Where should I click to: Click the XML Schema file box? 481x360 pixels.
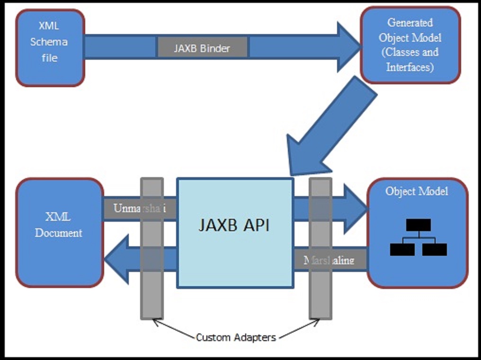point(50,47)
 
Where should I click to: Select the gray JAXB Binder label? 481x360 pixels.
point(202,48)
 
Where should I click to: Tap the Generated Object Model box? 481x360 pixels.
point(410,45)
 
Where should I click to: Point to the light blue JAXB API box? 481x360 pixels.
point(235,233)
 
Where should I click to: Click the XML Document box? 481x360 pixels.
point(59,232)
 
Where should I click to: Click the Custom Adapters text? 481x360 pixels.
point(236,338)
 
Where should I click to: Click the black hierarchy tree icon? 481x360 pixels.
point(418,237)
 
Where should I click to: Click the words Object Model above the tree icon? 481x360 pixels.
point(417,191)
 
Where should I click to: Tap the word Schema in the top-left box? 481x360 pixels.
point(49,42)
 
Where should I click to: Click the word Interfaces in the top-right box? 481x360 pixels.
point(410,67)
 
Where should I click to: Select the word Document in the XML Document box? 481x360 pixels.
point(58,233)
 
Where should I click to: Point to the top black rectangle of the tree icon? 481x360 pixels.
point(418,224)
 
